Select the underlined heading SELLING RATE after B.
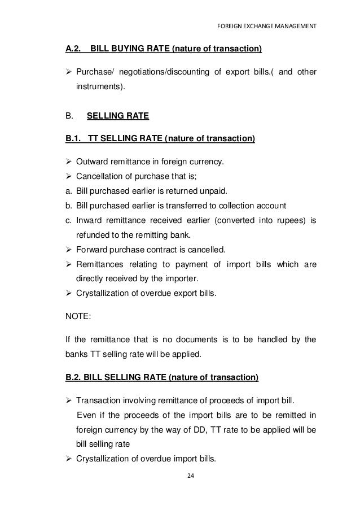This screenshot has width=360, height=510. (117, 117)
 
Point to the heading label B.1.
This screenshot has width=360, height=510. (74, 139)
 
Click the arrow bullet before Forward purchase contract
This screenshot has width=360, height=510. (69, 250)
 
